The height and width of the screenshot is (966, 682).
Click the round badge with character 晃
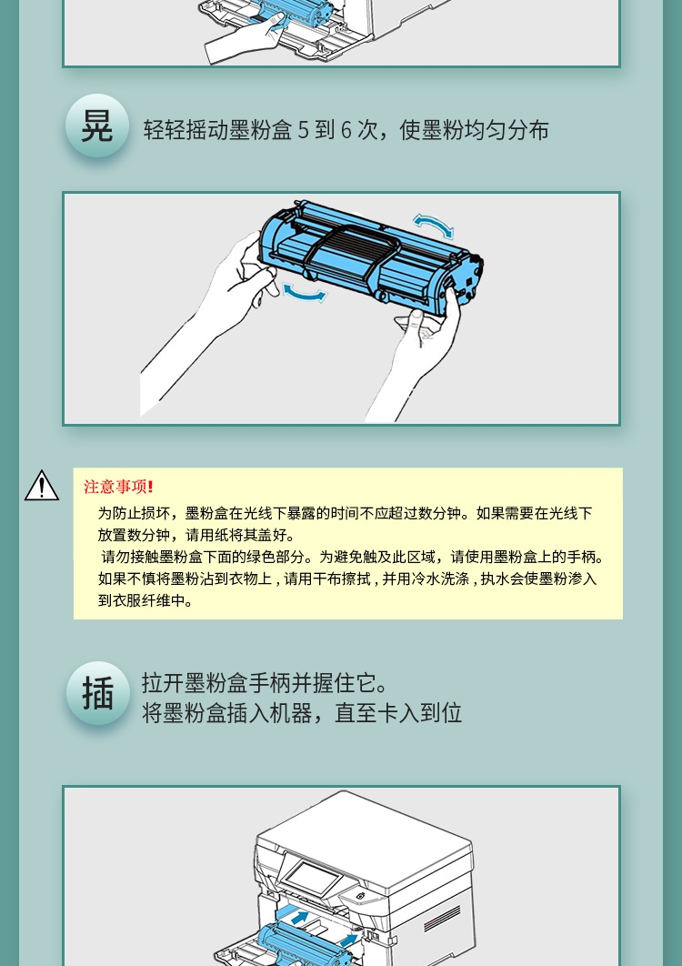(x=97, y=125)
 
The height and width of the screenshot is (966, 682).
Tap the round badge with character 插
(x=98, y=693)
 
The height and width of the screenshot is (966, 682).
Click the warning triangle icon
(x=42, y=486)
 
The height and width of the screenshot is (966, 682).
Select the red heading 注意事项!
(x=118, y=487)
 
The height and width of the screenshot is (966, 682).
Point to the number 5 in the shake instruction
(x=303, y=130)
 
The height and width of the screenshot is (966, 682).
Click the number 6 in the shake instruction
(x=346, y=130)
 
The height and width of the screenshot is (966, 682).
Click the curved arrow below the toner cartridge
(x=305, y=295)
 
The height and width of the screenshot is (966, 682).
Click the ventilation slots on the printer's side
(x=442, y=915)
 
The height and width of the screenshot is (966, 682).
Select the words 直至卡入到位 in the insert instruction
(x=398, y=713)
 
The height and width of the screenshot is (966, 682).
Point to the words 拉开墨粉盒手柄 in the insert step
(x=216, y=683)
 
